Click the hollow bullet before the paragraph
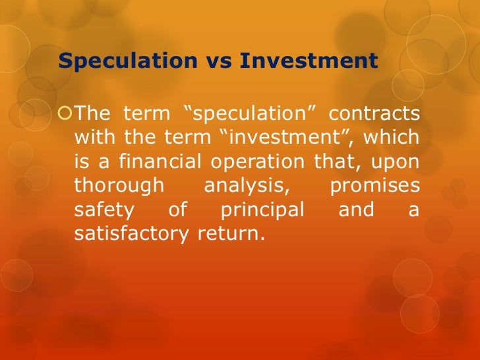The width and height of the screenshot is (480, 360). [65, 114]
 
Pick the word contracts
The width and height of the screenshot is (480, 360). [374, 114]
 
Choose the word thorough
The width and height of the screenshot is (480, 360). [119, 185]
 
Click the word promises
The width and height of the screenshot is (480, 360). [375, 185]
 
